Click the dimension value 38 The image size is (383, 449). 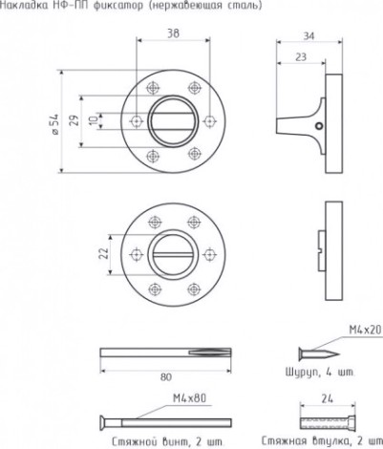[x=173, y=33]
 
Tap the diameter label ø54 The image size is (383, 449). [x=54, y=123]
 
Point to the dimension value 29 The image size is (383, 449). [x=74, y=120]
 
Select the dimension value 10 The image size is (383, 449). [x=94, y=120]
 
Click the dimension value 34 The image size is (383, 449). [x=309, y=36]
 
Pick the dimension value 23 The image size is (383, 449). [x=301, y=57]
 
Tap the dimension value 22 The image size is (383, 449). [x=104, y=253]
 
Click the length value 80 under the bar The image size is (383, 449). [x=166, y=377]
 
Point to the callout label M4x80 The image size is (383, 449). [x=189, y=398]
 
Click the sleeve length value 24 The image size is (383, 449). [x=327, y=398]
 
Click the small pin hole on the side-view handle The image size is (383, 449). [x=319, y=127]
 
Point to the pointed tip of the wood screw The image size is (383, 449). [x=338, y=354]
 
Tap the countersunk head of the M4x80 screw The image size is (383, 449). [x=104, y=422]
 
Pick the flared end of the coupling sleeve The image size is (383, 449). [x=352, y=422]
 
